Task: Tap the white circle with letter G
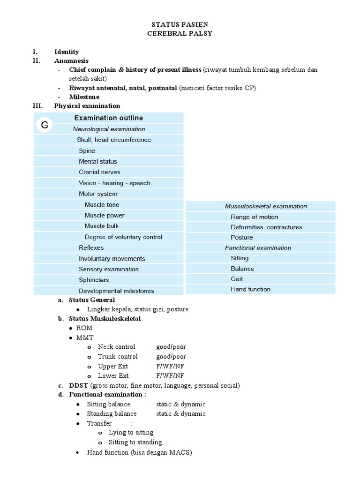(45, 125)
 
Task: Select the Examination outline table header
(108, 118)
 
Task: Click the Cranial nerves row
(99, 172)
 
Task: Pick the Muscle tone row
(102, 205)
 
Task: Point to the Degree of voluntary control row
(123, 237)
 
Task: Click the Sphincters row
(94, 280)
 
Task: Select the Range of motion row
(254, 217)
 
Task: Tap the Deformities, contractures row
(266, 227)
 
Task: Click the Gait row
(237, 279)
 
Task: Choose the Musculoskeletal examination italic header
(266, 206)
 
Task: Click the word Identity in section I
(67, 52)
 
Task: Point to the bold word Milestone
(84, 97)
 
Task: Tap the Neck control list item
(116, 347)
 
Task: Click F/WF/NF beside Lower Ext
(168, 376)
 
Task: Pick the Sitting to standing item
(135, 442)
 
